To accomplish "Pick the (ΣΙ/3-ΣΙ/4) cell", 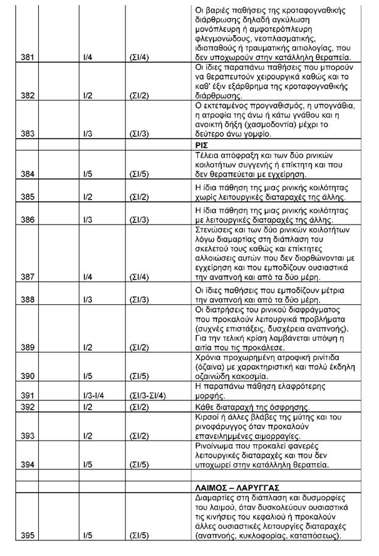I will click(x=148, y=395).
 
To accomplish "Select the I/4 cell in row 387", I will click(x=88, y=276).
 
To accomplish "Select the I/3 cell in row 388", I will click(x=88, y=299).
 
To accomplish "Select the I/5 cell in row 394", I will click(x=88, y=464).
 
